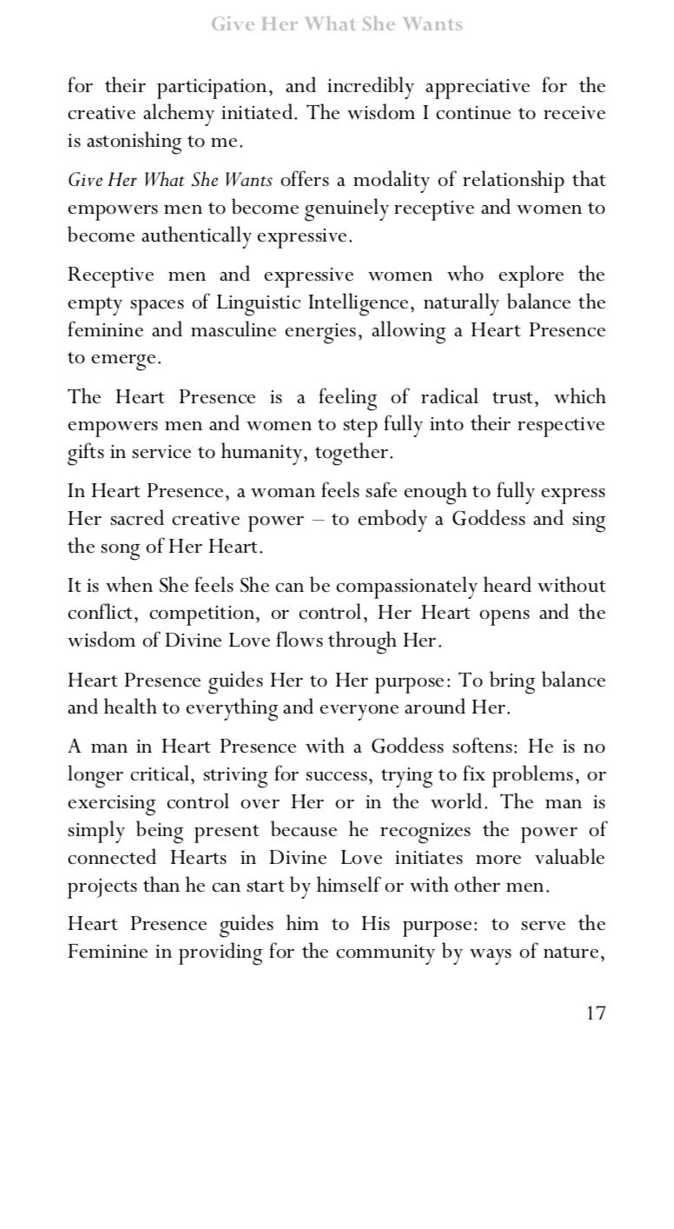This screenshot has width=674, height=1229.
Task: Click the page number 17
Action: pyautogui.click(x=595, y=1013)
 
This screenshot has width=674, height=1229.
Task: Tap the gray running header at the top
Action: pyautogui.click(x=337, y=24)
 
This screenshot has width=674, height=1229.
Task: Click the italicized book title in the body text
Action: pyautogui.click(x=170, y=180)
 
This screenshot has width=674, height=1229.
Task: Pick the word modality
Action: pyautogui.click(x=388, y=180)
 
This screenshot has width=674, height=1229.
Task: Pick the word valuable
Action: pyautogui.click(x=571, y=858)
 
